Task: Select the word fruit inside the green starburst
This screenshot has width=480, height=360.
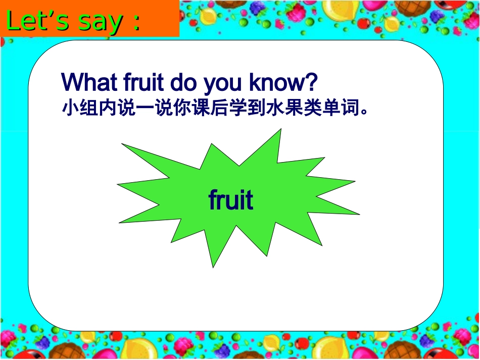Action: (x=231, y=200)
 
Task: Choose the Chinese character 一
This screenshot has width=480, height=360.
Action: (x=145, y=108)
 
